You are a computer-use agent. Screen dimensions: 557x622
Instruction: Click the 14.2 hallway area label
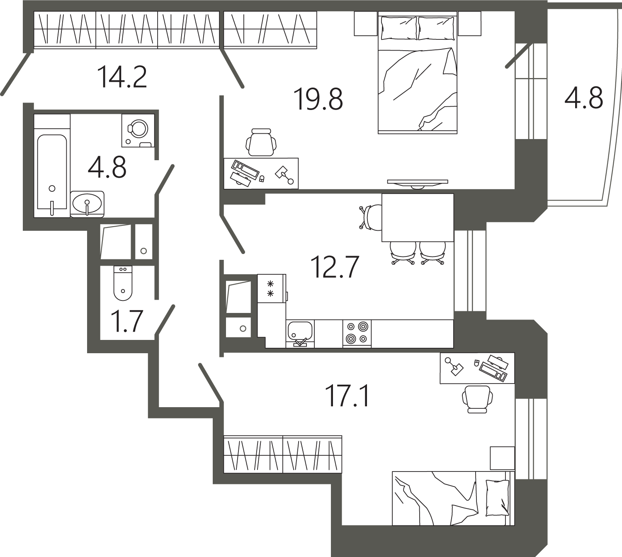pos(122,77)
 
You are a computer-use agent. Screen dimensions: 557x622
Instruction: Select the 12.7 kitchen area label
pos(335,267)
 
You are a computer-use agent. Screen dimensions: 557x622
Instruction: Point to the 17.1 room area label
pos(347,396)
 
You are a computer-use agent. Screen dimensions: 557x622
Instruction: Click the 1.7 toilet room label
pos(127,321)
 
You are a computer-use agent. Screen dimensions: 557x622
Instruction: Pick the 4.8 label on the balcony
pos(583,98)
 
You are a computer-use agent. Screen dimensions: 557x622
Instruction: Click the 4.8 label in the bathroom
pos(107,168)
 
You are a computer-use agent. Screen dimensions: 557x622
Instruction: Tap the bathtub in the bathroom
pos(52,172)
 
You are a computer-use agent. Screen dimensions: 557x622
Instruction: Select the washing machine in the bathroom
pos(138,130)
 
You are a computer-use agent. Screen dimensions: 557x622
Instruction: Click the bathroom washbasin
pos(87,204)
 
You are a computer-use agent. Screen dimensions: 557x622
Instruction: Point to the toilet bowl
pos(123,283)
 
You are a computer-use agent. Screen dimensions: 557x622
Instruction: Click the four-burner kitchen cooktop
pos(357,333)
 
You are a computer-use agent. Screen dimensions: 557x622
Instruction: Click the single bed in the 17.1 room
pos(452,498)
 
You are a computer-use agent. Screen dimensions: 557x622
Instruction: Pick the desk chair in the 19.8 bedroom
pos(261,142)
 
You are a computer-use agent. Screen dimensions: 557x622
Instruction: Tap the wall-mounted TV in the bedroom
pos(417,183)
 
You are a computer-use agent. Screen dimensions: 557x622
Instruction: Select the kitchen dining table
pos(417,217)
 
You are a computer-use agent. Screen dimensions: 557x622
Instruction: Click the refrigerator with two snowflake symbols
pos(271,288)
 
